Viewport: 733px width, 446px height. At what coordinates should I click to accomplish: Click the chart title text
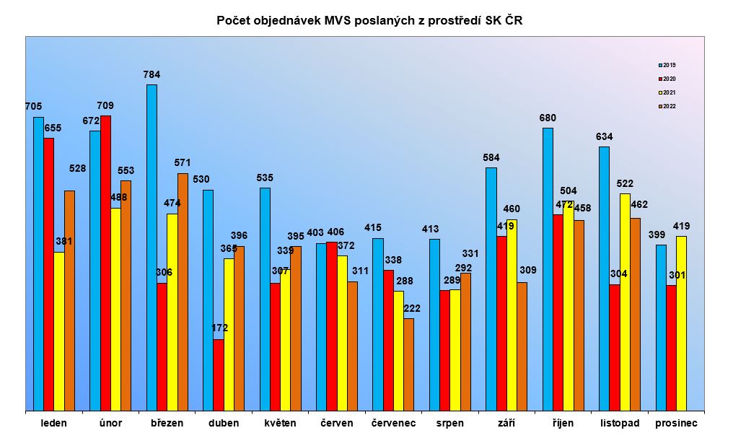369,20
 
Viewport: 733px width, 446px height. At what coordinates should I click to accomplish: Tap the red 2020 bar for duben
219,375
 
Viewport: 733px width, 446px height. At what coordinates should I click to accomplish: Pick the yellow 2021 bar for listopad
625,302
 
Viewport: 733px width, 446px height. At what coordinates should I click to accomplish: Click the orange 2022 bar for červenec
409,364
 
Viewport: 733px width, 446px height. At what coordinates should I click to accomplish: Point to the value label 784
152,74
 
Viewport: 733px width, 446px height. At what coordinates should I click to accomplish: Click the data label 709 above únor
105,105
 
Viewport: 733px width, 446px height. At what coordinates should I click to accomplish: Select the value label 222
412,308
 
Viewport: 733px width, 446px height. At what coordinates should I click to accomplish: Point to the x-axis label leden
54,423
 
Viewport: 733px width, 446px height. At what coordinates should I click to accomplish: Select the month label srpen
450,423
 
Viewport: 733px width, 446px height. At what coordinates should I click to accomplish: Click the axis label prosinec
676,423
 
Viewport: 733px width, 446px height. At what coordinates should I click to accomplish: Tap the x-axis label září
506,423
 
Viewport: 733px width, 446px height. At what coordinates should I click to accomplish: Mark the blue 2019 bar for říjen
548,269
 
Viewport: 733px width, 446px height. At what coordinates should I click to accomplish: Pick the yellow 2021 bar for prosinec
681,323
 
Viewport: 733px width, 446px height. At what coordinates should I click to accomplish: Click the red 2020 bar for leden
49,274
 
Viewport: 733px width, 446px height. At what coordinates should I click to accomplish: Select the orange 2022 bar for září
522,346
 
